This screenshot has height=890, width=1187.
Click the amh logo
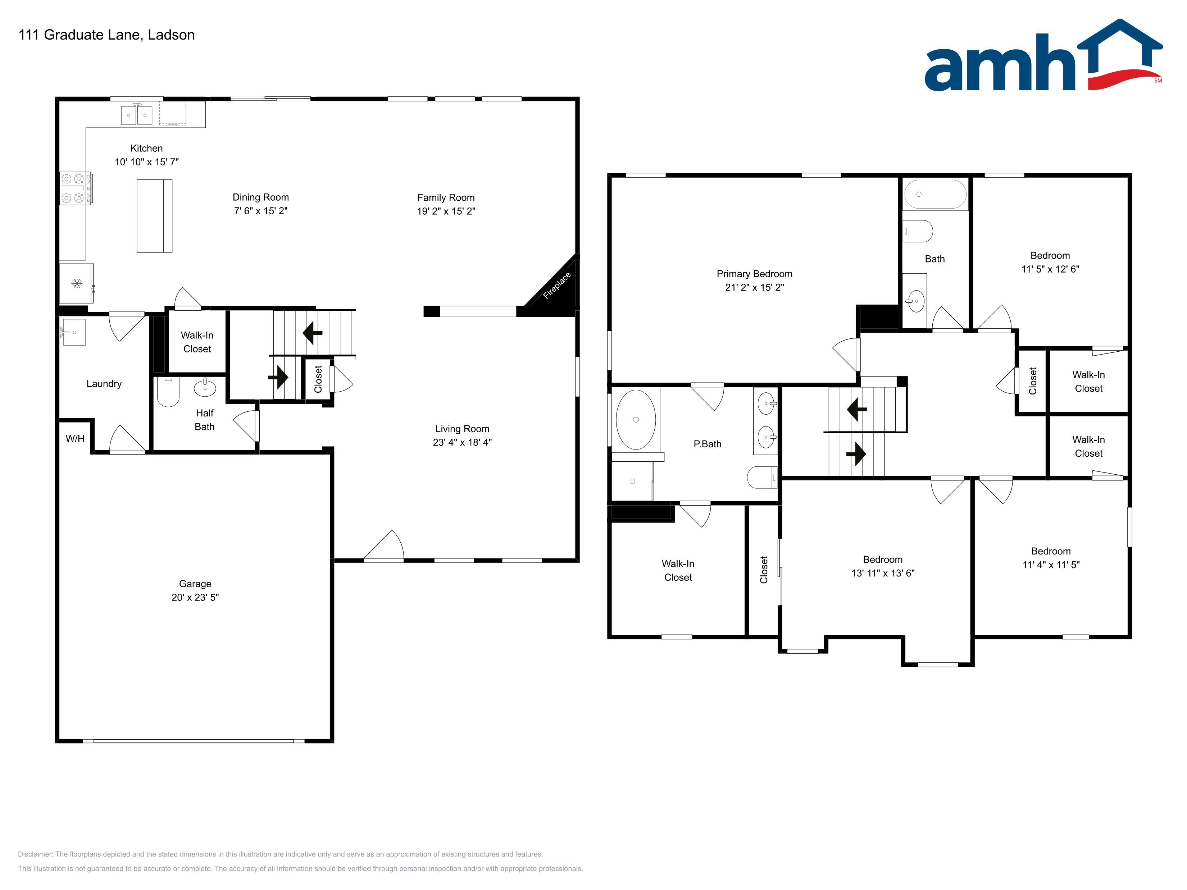1043,55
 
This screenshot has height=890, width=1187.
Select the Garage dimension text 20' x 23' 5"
195,597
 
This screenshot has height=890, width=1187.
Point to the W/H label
75,439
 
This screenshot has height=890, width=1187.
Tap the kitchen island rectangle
155,216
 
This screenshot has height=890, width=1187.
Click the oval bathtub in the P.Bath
636,420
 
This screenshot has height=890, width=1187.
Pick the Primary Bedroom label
755,274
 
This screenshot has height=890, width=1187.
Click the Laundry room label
104,384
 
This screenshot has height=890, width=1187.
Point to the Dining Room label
261,197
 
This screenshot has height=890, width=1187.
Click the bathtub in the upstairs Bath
935,194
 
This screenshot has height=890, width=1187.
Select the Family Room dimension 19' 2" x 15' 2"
446,211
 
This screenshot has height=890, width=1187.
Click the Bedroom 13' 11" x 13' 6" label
883,566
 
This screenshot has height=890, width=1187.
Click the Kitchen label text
146,148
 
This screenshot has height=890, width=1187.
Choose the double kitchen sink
137,115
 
